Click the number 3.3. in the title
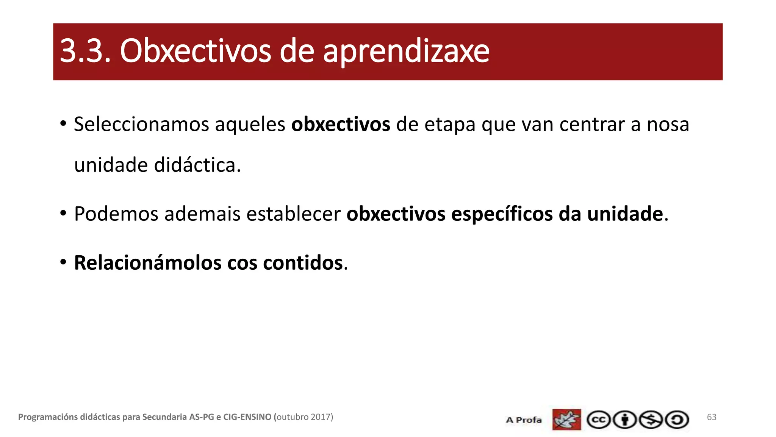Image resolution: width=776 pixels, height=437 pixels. (85, 51)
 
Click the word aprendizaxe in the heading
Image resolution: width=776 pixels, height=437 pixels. (406, 52)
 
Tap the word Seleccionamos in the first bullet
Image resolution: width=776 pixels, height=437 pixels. (141, 124)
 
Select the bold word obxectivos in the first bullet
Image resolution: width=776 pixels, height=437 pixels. (341, 124)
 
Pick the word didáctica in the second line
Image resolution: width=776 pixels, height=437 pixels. (197, 165)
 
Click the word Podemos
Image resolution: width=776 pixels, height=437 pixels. (116, 214)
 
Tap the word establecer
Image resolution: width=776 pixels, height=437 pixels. (294, 214)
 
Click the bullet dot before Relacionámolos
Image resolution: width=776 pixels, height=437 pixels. (63, 262)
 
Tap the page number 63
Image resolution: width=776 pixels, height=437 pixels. (712, 417)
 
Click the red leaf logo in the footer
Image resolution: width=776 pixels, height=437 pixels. (566, 420)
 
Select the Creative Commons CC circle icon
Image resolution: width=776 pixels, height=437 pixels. (598, 420)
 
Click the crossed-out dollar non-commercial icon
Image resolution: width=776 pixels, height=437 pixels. (651, 420)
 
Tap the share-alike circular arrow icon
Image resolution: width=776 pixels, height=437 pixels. (677, 420)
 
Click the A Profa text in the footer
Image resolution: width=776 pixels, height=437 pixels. (524, 420)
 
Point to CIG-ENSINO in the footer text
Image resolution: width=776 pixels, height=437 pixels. (247, 417)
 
